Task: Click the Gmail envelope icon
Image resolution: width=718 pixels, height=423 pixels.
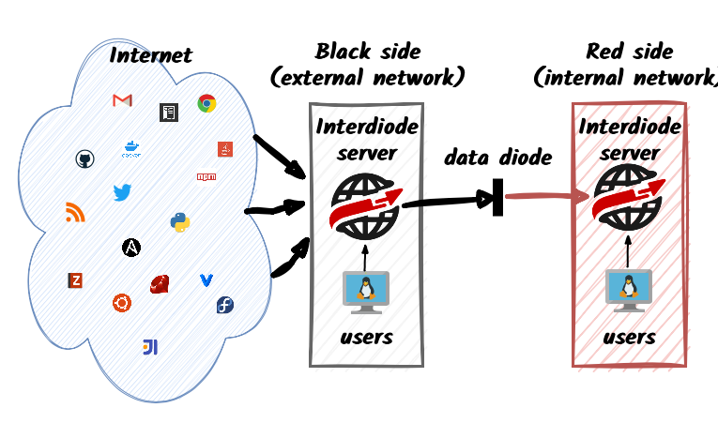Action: point(122,101)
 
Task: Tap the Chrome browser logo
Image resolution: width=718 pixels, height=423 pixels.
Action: point(206,104)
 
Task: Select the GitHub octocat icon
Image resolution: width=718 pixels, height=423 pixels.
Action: point(84,159)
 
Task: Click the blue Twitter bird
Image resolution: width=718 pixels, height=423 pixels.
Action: point(122,193)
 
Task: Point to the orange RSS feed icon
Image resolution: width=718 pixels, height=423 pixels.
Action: point(75,213)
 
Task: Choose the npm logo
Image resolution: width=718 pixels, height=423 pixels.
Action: point(206,176)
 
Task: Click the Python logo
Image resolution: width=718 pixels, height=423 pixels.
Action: point(180,222)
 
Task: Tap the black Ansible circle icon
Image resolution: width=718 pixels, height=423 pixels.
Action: point(131,248)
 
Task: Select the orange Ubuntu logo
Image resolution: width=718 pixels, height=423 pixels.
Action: point(121,302)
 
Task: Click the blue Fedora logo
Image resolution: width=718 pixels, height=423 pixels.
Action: point(224,305)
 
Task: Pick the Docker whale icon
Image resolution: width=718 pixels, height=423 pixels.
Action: point(131,148)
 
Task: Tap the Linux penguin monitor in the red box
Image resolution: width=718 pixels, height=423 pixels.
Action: point(628,290)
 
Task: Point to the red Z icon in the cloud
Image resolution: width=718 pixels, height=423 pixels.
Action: point(76,280)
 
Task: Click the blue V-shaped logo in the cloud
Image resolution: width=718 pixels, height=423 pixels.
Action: point(206,280)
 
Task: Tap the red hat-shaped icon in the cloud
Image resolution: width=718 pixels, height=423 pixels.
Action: point(160,283)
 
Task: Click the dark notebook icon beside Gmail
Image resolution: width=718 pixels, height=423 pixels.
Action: point(169,113)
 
